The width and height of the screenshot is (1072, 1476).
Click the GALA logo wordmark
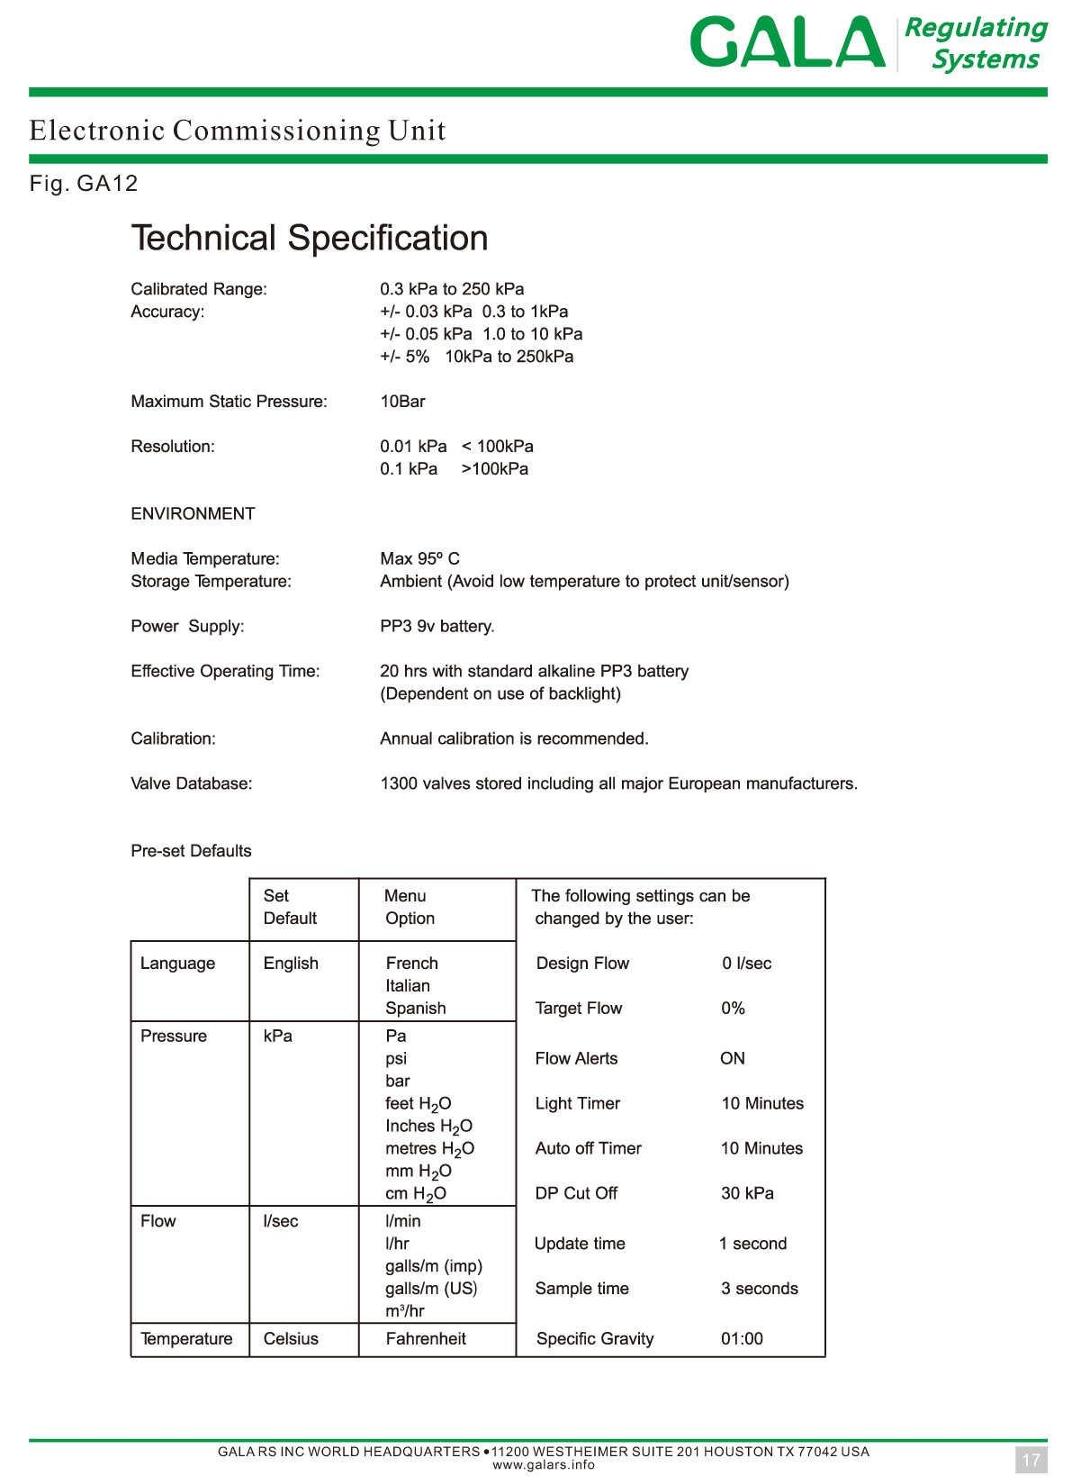coord(787,42)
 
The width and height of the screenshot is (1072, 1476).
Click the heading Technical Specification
coord(310,238)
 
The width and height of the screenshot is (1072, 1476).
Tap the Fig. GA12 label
coord(84,184)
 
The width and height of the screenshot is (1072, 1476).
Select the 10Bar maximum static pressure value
coord(402,402)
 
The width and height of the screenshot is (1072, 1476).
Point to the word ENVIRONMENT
coord(193,514)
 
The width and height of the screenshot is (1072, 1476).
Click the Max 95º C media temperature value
coord(419,559)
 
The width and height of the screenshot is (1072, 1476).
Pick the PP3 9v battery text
coord(437,627)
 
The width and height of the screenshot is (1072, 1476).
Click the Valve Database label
coord(191,784)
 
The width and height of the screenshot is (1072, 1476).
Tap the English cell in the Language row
coord(291,964)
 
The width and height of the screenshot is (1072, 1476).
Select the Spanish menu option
coord(415,1009)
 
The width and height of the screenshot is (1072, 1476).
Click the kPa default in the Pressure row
coord(277,1037)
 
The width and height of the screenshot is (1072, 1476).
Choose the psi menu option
coord(396,1059)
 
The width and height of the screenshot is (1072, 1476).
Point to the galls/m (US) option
coord(431,1289)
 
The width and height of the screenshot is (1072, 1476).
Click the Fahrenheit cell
coord(426,1339)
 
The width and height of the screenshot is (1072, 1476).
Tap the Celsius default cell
coord(291,1339)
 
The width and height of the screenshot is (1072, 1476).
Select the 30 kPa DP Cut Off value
coord(747,1193)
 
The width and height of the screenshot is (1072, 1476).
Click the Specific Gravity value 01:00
coord(742,1339)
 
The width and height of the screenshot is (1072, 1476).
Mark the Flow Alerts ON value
coord(732,1059)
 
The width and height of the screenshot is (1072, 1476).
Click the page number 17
coord(1031,1460)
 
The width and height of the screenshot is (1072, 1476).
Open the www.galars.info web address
coord(543,1464)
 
